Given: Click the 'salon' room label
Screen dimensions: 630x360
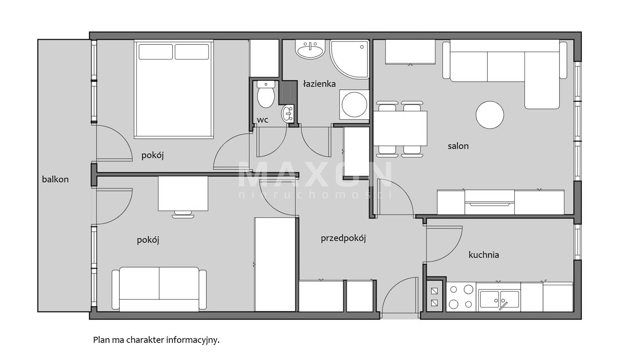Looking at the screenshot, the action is pyautogui.click(x=458, y=146).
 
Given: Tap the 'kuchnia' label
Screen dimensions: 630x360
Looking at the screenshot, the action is pyautogui.click(x=484, y=255).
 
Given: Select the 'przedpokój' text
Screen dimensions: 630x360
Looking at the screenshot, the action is pyautogui.click(x=343, y=238).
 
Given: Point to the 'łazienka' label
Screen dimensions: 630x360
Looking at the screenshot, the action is pyautogui.click(x=319, y=84).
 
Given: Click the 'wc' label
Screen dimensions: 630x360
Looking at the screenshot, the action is pyautogui.click(x=262, y=120).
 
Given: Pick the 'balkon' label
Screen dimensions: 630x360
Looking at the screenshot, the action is pyautogui.click(x=55, y=179).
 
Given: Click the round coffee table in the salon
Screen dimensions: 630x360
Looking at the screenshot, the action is pyautogui.click(x=490, y=115).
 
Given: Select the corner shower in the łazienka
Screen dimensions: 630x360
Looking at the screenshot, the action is pyautogui.click(x=349, y=59).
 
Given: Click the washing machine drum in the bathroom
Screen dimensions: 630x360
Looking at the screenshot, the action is pyautogui.click(x=354, y=105).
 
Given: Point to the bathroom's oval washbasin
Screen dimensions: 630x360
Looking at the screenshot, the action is pyautogui.click(x=310, y=50).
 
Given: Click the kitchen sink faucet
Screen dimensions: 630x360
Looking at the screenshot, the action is pyautogui.click(x=503, y=305).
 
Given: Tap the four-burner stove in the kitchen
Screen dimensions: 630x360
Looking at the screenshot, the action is pyautogui.click(x=461, y=297).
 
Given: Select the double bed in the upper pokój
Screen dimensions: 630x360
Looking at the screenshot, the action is pyautogui.click(x=174, y=89).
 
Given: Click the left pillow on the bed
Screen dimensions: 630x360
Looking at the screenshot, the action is pyautogui.click(x=156, y=52).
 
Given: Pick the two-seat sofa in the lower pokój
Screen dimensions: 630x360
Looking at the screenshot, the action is pyautogui.click(x=159, y=289).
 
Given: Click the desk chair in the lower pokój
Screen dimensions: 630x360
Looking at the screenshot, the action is pyautogui.click(x=183, y=214).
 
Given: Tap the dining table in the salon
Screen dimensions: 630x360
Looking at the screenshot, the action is pyautogui.click(x=400, y=128).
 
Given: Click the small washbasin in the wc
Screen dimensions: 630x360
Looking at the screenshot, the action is pyautogui.click(x=288, y=113).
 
